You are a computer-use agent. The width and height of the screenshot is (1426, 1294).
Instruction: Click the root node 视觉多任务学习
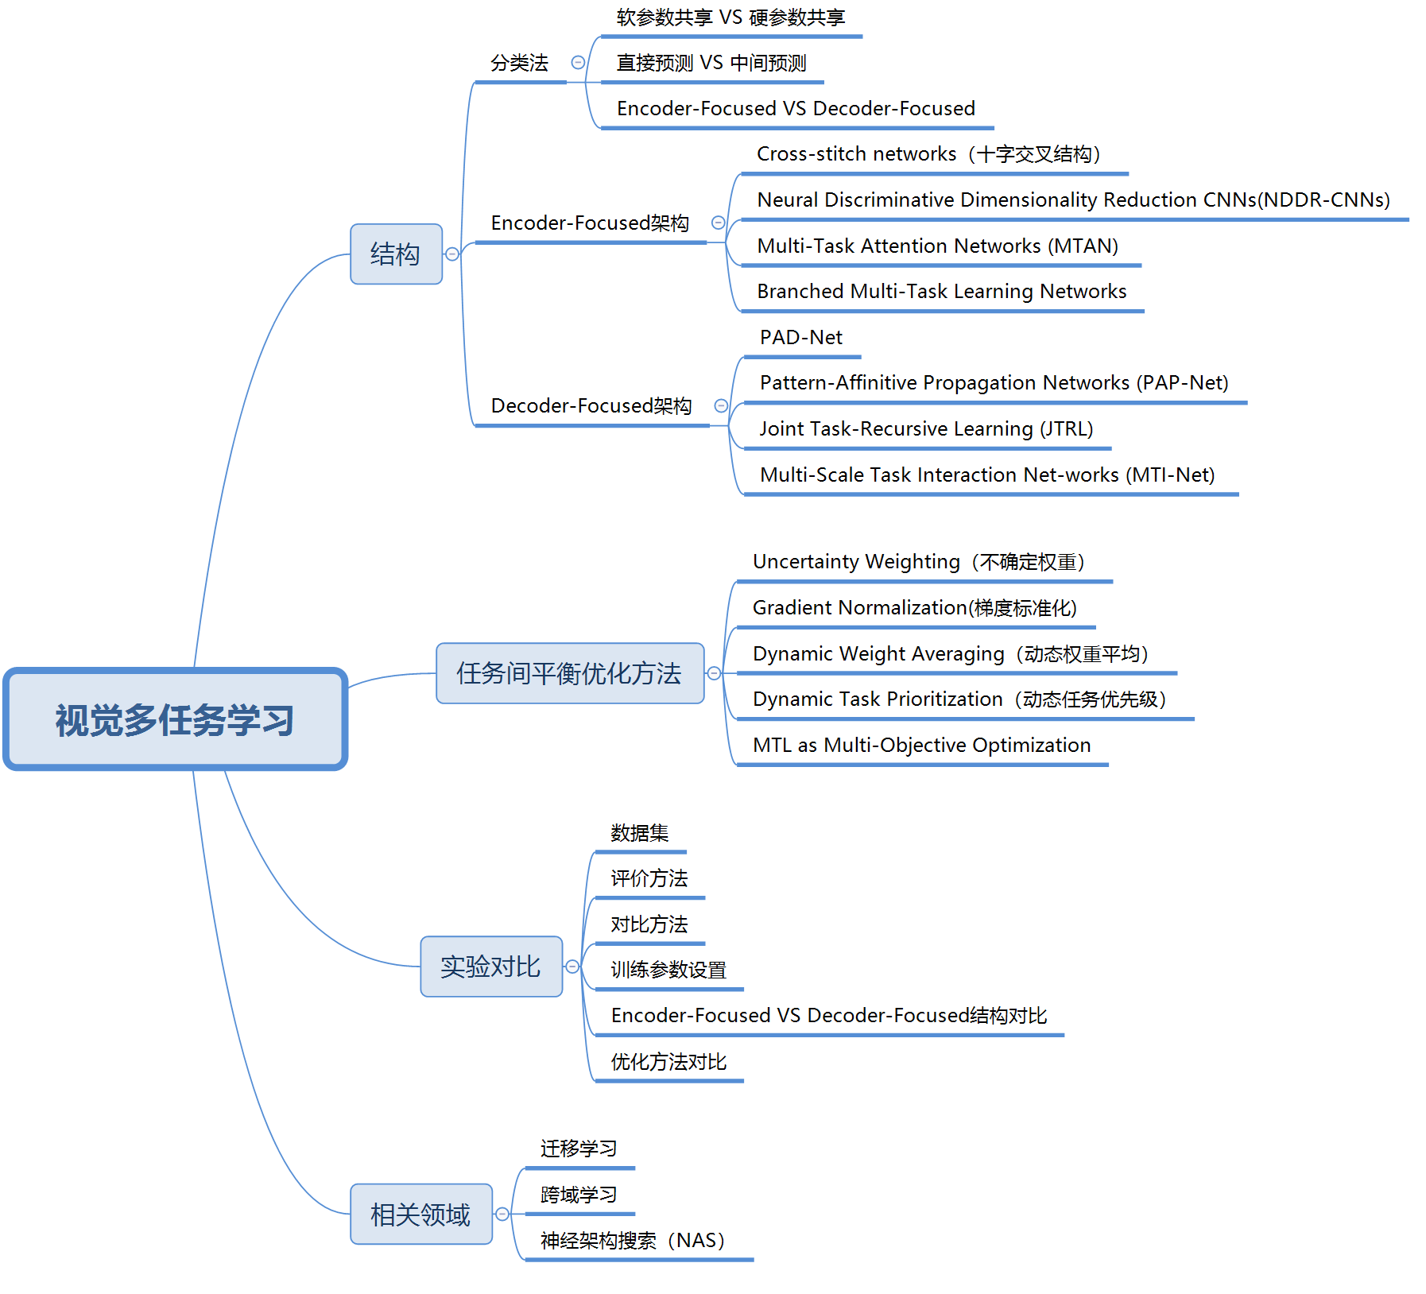(175, 720)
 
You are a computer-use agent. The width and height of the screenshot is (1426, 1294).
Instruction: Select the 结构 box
(396, 254)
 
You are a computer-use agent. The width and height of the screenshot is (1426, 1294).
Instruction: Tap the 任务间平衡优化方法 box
(569, 673)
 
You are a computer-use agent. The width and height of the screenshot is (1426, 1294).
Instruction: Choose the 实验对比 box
(490, 967)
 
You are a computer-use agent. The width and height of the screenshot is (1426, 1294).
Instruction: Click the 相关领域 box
(420, 1215)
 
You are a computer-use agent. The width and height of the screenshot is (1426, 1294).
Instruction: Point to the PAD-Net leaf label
(800, 338)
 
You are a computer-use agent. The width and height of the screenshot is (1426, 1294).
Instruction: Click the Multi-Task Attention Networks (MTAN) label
(937, 246)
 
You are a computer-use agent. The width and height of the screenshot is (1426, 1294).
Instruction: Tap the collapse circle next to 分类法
(578, 62)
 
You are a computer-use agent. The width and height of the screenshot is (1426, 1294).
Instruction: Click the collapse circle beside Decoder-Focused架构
(721, 406)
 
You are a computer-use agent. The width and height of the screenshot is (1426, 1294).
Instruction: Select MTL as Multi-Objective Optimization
(921, 746)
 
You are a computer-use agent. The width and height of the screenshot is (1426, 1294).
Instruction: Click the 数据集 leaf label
(639, 833)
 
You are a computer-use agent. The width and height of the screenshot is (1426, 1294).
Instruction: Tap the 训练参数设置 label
(668, 970)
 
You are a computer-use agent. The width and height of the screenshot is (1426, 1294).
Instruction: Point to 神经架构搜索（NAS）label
(632, 1241)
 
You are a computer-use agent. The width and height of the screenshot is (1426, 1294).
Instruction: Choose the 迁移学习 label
(578, 1149)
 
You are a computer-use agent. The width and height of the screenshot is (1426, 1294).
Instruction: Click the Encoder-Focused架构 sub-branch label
(589, 223)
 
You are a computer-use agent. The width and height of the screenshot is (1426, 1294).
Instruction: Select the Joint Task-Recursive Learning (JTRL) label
(926, 429)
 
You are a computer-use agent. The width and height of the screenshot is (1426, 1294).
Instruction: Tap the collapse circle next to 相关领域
(502, 1215)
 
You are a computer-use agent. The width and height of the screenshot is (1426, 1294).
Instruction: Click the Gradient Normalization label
(914, 608)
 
